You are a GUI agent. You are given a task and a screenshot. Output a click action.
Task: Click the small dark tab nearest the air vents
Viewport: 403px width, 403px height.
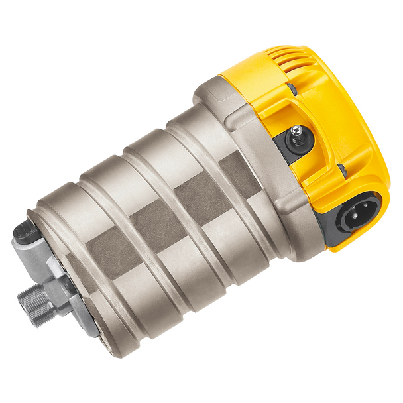(292, 89)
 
